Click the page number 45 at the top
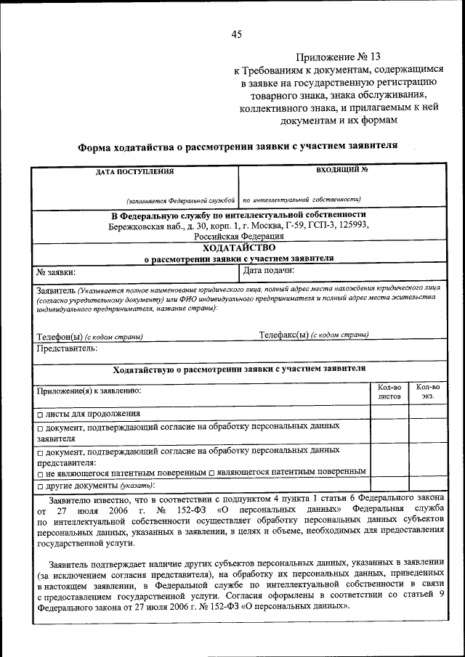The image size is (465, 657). pos(236,34)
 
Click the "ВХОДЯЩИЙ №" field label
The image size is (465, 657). pos(341,170)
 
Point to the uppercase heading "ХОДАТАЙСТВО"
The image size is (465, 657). pos(239,248)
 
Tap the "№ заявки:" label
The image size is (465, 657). pos(57,272)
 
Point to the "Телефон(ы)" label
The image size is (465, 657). pos(60,336)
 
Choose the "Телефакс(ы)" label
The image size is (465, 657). pos(284,335)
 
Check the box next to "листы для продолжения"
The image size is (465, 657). pos(40,414)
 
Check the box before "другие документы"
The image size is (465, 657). pos(40,486)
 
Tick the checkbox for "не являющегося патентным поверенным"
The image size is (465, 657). pos(40,473)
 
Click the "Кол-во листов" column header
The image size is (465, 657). pos(389,392)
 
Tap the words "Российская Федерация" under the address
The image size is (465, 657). pos(238,236)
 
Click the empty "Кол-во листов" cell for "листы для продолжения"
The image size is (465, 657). pos(389,412)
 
